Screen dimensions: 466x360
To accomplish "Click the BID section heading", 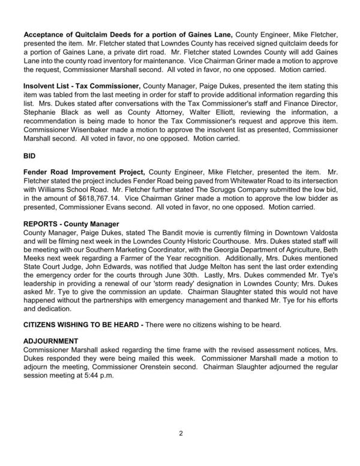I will pyautogui.click(x=29, y=154).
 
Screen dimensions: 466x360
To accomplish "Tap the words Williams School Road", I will pyautogui.click(x=72, y=188).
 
